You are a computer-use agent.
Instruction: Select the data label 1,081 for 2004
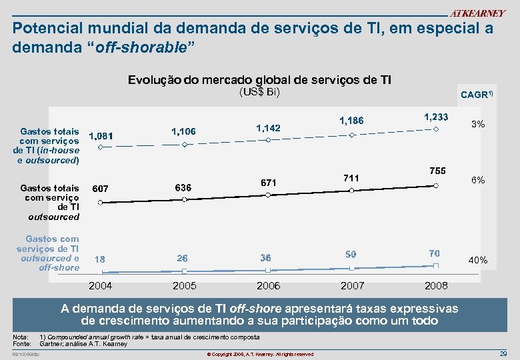[x=101, y=136]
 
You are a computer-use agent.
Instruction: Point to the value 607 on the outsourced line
[x=101, y=189]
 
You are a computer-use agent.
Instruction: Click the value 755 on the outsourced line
[x=437, y=171]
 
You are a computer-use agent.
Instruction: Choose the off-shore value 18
[x=99, y=259]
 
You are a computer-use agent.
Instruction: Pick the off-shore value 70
[x=435, y=253]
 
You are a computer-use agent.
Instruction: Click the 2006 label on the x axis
[x=268, y=286]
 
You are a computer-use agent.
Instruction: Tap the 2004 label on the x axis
[x=101, y=286]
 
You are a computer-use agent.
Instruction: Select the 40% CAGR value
[x=477, y=260]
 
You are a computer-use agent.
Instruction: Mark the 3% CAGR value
[x=477, y=125]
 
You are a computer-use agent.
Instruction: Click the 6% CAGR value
[x=477, y=181]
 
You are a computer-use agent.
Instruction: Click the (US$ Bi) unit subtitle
[x=259, y=92]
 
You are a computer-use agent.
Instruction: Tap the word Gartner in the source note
[x=51, y=344]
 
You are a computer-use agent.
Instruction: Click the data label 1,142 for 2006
[x=268, y=127]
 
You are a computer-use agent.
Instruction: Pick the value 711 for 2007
[x=351, y=178]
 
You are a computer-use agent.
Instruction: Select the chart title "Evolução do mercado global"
[x=259, y=80]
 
